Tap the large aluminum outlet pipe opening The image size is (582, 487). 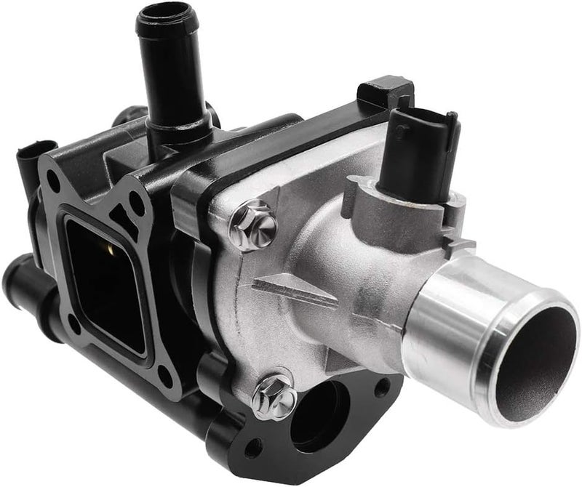[536, 356]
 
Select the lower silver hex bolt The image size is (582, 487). [273, 396]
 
